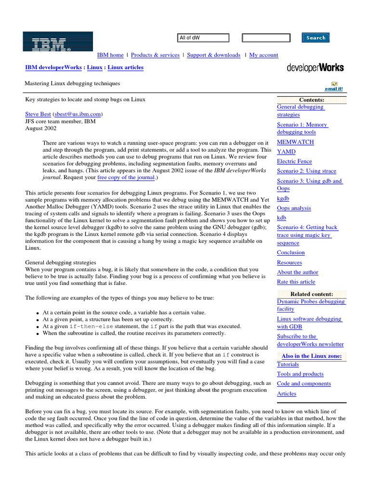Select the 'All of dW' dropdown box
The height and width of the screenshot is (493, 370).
point(203,38)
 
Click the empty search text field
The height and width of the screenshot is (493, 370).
point(266,38)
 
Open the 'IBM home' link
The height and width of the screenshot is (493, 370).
point(110,55)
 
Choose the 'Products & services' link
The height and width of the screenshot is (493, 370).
point(155,55)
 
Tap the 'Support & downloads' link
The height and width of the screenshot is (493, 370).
point(213,55)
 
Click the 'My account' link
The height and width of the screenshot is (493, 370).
point(264,55)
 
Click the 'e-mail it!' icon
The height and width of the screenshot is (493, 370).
point(333,87)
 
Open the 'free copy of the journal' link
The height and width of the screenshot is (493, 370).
point(126,177)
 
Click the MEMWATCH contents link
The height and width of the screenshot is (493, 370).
point(295,142)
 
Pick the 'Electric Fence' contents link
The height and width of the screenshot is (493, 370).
point(294,161)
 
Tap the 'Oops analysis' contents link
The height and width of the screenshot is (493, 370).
point(294,208)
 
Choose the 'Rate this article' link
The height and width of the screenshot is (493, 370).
point(296,282)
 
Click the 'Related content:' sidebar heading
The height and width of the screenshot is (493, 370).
point(312,294)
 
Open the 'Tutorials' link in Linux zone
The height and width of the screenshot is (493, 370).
point(288,364)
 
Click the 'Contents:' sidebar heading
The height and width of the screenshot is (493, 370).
point(312,100)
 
